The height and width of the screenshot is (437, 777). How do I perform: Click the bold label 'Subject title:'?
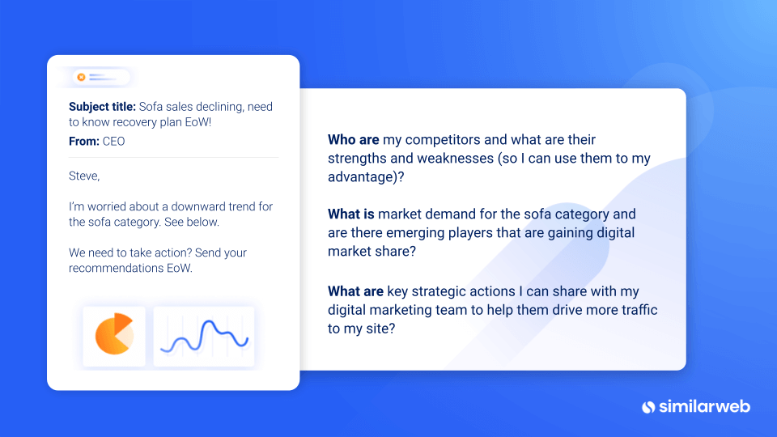(x=102, y=107)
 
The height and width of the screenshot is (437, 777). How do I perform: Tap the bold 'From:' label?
(x=83, y=141)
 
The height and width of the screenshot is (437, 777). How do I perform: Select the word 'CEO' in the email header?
(x=113, y=141)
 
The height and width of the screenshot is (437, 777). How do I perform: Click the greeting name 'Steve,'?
(x=84, y=176)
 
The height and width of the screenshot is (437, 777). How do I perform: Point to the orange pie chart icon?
(x=114, y=334)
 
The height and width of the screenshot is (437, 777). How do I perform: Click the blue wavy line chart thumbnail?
(x=204, y=337)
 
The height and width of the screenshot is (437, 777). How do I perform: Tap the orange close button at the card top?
(x=81, y=78)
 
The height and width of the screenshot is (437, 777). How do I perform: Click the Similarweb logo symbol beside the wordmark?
(x=648, y=407)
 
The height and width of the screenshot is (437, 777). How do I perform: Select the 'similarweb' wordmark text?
(x=704, y=407)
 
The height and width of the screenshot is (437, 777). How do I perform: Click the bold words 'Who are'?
(x=354, y=140)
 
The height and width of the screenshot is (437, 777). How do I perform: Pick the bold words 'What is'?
(x=350, y=214)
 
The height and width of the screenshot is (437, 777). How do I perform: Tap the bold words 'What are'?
(x=355, y=291)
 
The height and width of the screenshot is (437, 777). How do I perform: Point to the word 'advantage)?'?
(x=366, y=177)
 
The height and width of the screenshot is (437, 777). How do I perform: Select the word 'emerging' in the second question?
(x=415, y=233)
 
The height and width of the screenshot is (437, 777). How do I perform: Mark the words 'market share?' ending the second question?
(x=372, y=251)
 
